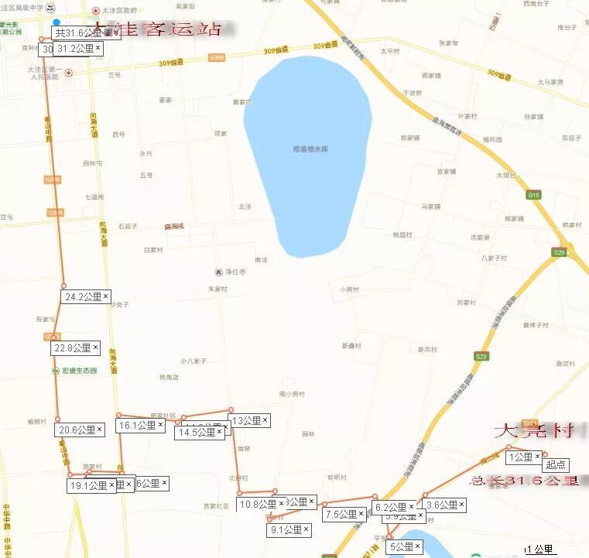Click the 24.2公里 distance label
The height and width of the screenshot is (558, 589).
pyautogui.click(x=81, y=296)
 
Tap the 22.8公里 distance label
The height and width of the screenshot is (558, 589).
pyautogui.click(x=72, y=348)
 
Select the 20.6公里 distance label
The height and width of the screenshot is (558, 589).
pyautogui.click(x=76, y=430)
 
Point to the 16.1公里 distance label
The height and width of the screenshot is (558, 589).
pyautogui.click(x=137, y=425)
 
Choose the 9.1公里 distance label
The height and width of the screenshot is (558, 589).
pyautogui.click(x=286, y=530)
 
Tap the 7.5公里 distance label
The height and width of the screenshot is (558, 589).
pyautogui.click(x=341, y=514)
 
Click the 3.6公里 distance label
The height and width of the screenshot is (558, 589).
pyautogui.click(x=442, y=505)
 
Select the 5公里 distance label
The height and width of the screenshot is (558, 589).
pyautogui.click(x=401, y=546)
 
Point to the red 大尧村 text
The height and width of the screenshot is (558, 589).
pyautogui.click(x=533, y=430)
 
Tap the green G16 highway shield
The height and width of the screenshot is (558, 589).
pyautogui.click(x=533, y=195)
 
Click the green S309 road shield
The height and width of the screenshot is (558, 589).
pyautogui.click(x=217, y=57)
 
